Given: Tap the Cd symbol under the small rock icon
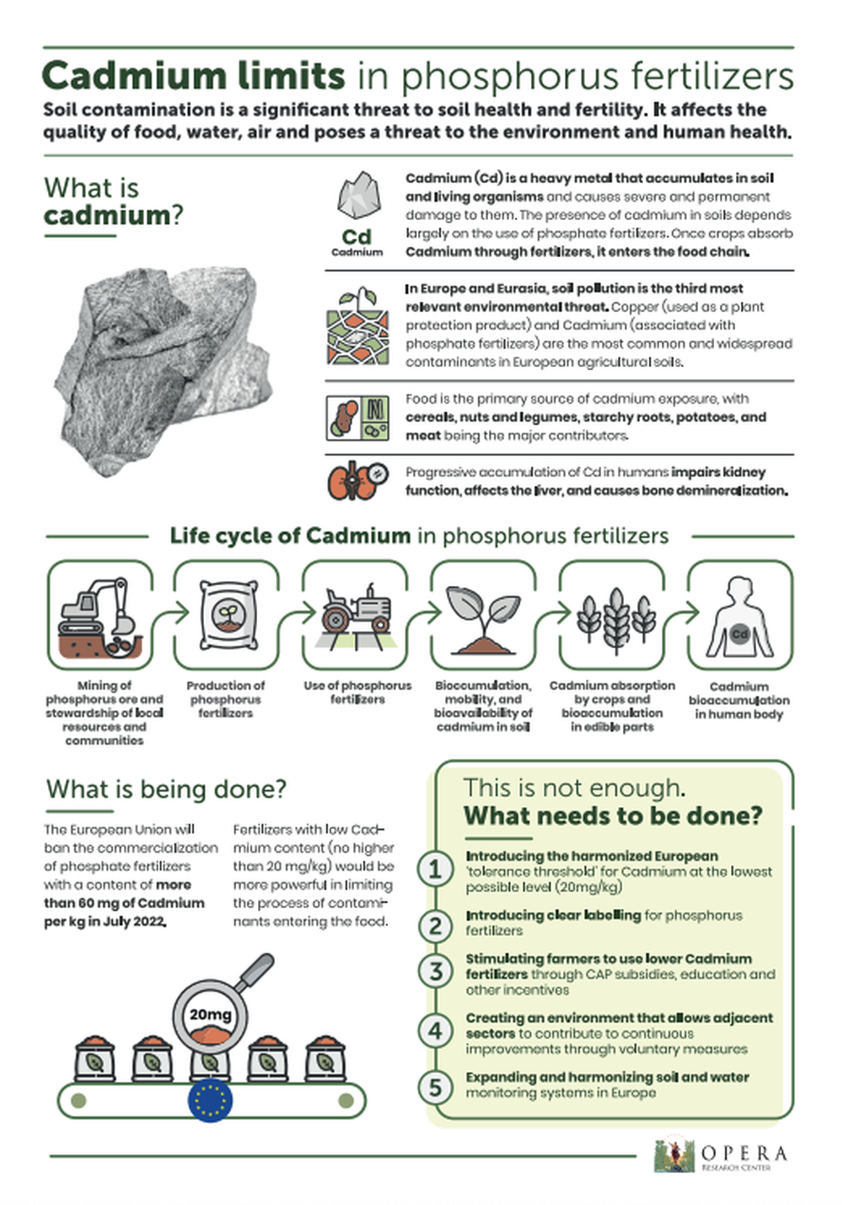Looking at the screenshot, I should pos(357,237).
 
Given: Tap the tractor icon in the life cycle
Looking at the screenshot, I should pos(357,611).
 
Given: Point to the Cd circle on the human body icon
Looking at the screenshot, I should pos(739,633).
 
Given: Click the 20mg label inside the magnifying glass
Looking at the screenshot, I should pos(209,1014).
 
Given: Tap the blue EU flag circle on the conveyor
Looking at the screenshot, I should pos(210,1101).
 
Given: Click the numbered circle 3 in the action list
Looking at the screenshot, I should pos(436,971).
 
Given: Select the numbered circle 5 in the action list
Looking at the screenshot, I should pos(436,1087).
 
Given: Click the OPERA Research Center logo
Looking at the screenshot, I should pos(722,1155).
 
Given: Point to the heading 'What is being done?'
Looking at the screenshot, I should pos(166,789).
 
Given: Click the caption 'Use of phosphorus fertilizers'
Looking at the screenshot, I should pos(357,692).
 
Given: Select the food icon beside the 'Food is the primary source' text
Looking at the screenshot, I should pos(357,417).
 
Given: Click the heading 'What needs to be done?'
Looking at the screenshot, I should pos(613,816).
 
